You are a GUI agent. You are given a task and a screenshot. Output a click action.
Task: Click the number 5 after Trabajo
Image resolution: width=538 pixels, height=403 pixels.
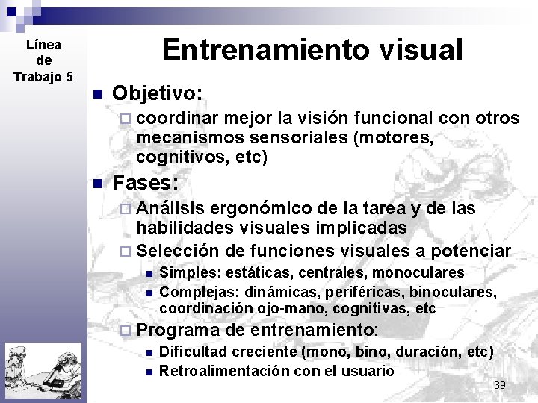69,76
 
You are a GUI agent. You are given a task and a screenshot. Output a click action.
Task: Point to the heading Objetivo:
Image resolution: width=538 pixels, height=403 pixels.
157,93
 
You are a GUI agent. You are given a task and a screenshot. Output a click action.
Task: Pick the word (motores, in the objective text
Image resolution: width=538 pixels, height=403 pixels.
401,138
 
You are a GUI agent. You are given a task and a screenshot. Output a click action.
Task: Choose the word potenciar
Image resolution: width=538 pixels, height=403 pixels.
469,250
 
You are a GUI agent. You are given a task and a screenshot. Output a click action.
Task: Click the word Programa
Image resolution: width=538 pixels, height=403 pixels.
178,330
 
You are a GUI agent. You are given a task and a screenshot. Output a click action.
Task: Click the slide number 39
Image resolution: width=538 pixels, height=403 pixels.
500,384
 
